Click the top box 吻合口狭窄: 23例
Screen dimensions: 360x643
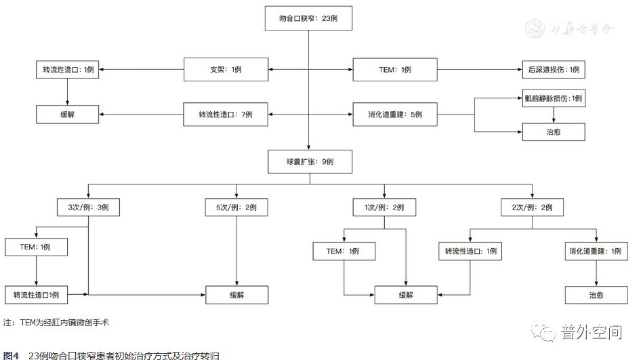point(308,19)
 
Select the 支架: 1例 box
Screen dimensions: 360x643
point(226,70)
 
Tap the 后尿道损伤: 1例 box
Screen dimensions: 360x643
point(553,70)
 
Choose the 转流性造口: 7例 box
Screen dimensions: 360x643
point(226,114)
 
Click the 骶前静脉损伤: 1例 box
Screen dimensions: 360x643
point(553,98)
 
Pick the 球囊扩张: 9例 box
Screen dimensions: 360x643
point(310,163)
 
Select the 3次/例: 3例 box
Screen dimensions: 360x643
point(88,206)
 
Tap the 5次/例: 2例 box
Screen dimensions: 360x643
point(236,206)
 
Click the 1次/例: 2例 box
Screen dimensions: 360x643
point(383,206)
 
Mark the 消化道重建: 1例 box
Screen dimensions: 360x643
point(596,251)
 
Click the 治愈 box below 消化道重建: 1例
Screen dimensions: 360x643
point(596,295)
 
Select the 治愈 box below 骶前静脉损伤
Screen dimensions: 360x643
point(553,132)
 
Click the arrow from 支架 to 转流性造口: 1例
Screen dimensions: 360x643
point(142,70)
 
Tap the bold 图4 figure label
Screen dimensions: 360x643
point(11,355)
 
